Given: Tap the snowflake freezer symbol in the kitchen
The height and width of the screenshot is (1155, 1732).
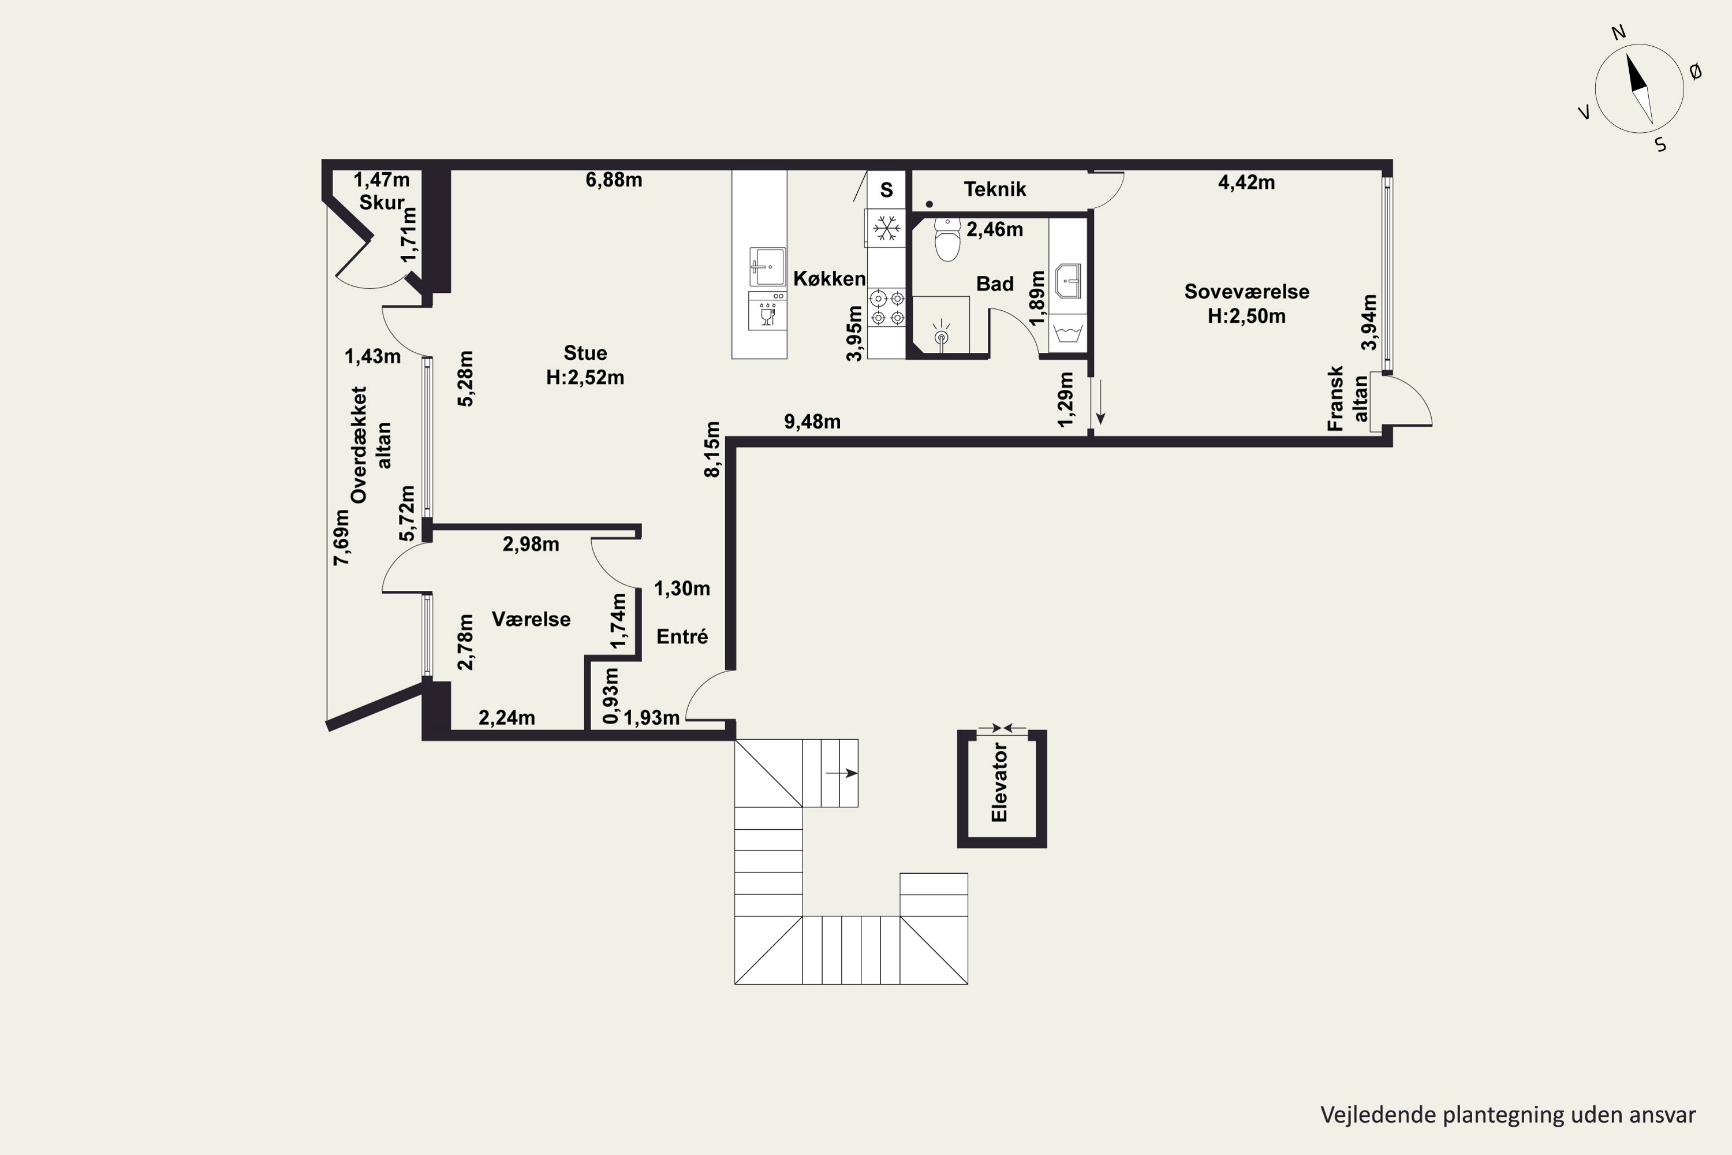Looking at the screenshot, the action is (x=887, y=228).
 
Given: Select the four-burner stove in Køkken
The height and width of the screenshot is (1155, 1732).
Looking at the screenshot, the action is (x=887, y=308).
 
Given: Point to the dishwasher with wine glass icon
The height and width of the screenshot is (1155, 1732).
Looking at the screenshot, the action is (x=767, y=310).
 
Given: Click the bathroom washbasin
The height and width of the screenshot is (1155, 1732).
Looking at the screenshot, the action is (x=1067, y=281).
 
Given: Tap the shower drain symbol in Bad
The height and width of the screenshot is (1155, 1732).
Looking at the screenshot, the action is (x=941, y=335).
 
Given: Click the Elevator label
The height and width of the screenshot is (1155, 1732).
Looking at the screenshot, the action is (x=999, y=783).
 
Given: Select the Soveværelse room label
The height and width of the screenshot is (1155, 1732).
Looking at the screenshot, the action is (x=1246, y=292).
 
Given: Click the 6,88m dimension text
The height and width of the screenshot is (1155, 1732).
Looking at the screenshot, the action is (x=614, y=180).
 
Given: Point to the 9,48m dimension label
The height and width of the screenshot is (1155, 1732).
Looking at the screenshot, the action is (x=812, y=422).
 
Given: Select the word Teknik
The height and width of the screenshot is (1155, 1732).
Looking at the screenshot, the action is (x=995, y=189).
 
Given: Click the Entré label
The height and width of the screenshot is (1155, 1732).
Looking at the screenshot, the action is (x=682, y=636).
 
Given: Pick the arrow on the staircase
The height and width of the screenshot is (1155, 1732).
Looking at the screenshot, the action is (x=842, y=773).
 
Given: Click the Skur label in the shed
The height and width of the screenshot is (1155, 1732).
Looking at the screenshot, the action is (x=382, y=203).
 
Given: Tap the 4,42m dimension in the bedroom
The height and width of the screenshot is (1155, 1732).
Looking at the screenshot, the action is (x=1246, y=182).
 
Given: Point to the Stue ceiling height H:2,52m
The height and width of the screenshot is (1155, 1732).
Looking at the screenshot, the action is (x=585, y=377).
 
